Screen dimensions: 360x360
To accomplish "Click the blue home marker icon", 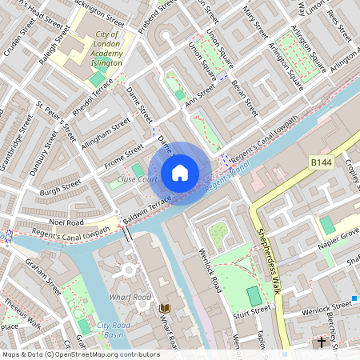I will [x=180, y=172].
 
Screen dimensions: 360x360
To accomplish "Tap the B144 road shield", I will [x=322, y=162].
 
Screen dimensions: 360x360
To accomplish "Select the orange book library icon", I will [x=166, y=309].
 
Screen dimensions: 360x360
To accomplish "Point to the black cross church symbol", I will [x=322, y=342].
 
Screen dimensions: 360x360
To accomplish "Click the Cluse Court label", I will [x=135, y=180].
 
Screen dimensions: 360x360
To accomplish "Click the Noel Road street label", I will [x=66, y=222].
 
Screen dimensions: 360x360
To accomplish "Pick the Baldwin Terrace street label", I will [x=147, y=207].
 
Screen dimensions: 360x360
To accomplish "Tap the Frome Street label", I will [x=123, y=156].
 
